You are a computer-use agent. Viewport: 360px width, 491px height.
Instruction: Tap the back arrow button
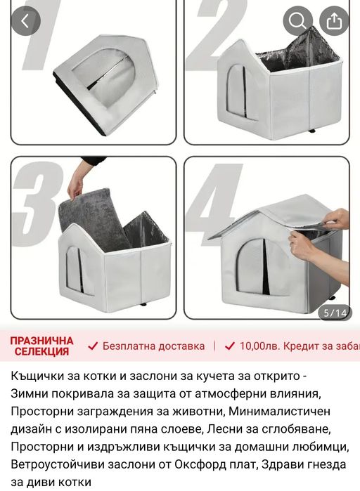coord(25,21)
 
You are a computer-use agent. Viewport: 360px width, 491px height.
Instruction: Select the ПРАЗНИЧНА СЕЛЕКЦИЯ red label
coord(41,346)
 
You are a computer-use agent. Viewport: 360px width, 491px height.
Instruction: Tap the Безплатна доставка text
coord(153,346)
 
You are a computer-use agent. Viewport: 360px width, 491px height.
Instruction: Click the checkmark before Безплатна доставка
coord(93,346)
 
